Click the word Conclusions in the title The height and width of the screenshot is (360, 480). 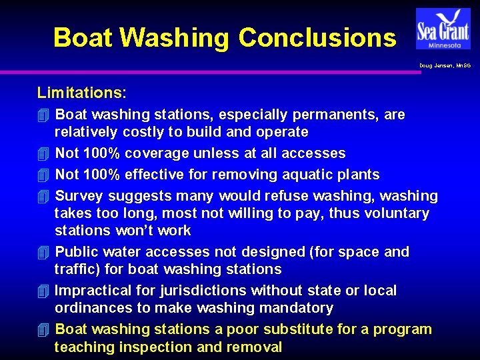(x=317, y=37)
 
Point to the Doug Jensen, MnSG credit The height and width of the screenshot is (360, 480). (x=445, y=65)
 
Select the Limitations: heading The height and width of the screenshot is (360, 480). (x=82, y=92)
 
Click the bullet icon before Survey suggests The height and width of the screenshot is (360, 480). (x=43, y=196)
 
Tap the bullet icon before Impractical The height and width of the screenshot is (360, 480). (x=43, y=291)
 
